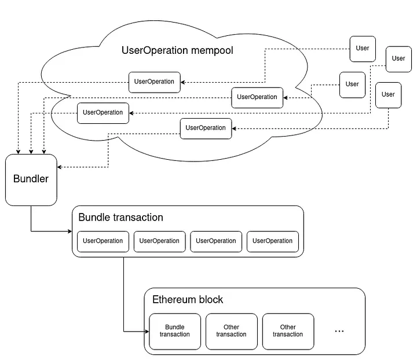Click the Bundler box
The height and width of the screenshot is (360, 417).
pos(31,179)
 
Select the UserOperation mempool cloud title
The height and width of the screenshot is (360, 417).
pos(177,50)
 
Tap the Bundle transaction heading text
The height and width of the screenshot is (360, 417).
pos(120,218)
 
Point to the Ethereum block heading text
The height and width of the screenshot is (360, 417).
pos(187,300)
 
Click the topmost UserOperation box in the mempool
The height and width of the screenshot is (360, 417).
pos(154,82)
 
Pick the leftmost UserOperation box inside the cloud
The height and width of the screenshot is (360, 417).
pos(103,112)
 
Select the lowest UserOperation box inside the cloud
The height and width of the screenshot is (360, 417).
pos(206,128)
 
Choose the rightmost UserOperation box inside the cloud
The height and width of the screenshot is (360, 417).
pos(257,97)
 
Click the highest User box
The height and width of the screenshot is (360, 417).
pos(363,48)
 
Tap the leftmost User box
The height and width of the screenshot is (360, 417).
pos(352,85)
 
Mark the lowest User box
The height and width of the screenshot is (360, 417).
pos(388,95)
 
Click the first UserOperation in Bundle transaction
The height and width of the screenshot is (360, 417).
pos(103,241)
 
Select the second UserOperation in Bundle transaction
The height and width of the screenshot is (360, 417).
pos(159,241)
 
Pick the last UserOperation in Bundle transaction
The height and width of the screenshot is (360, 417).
pos(273,241)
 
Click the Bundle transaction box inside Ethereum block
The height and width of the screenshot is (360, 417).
pos(174,331)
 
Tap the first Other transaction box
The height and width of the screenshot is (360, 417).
pos(231,331)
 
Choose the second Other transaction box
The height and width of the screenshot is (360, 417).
pos(288,331)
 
